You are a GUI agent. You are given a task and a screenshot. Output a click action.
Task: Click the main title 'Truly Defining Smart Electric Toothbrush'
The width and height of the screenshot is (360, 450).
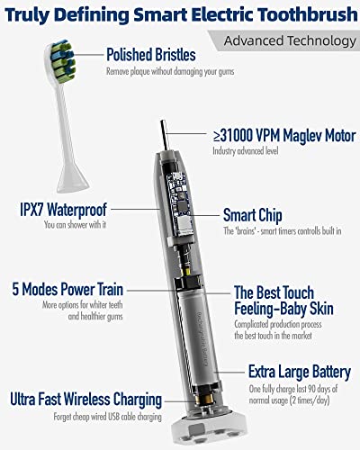[180, 13]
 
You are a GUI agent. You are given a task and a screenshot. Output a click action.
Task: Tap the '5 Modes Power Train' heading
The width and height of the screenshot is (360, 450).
[69, 291]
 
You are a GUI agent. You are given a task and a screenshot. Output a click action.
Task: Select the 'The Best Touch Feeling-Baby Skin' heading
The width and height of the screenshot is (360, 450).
[283, 301]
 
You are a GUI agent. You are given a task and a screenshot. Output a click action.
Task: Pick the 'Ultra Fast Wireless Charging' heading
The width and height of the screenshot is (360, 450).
[86, 399]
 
